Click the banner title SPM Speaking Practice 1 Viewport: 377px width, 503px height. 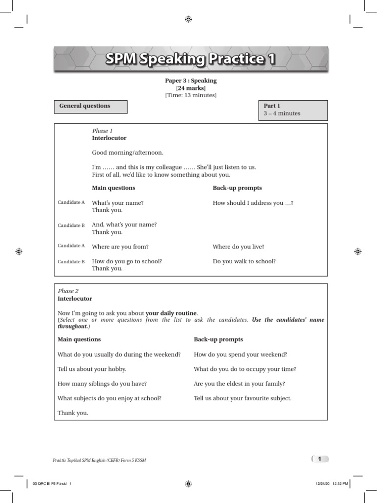tap(190, 59)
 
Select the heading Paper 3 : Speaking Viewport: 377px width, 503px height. tap(190, 81)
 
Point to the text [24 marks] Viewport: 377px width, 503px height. tap(190, 88)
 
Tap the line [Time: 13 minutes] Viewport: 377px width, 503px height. tap(190, 95)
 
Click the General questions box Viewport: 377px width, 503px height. tap(90, 107)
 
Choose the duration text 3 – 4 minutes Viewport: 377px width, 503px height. tap(282, 113)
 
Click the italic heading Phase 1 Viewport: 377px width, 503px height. tap(102, 131)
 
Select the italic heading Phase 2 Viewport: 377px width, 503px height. tap(68, 291)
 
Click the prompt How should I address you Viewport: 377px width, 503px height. tap(252, 203)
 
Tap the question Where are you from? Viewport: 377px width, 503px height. tap(120, 247)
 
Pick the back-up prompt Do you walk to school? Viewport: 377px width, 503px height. tap(244, 261)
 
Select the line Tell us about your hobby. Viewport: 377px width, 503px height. tap(92, 369)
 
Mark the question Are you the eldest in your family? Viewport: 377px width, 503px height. tap(239, 384)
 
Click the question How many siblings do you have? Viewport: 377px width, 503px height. tap(102, 384)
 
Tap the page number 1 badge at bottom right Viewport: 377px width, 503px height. tap(320, 459)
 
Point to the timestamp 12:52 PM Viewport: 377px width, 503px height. tap(340, 484)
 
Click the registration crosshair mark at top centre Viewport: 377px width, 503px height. tap(188, 19)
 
